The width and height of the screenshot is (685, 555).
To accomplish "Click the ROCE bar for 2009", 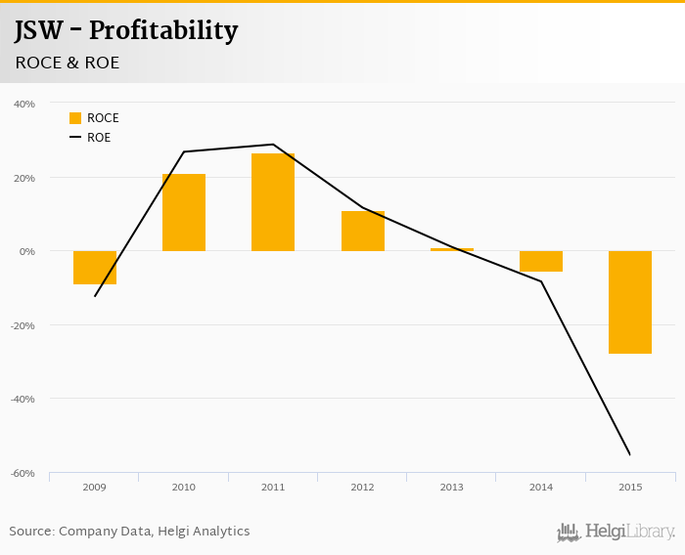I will tap(95, 268).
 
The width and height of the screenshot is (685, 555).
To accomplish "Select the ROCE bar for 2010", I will tap(184, 213).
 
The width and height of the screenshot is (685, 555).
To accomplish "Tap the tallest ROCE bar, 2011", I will tap(273, 202).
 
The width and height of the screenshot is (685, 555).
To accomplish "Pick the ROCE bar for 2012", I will tap(363, 231).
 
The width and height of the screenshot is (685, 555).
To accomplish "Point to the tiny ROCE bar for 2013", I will tap(452, 249).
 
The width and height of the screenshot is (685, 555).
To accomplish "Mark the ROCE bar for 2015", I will tap(630, 302).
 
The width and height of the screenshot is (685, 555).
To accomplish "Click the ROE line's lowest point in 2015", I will tap(629, 454).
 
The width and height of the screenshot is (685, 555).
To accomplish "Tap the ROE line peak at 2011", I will tap(273, 145).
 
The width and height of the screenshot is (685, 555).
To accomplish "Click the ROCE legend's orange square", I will tap(75, 118).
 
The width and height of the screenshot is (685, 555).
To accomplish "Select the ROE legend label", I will tap(99, 138).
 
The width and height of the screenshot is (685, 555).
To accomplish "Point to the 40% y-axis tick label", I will tap(24, 104).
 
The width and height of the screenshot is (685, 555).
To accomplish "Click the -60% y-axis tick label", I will tap(23, 473).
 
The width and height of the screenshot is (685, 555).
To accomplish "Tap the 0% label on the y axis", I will tap(27, 251).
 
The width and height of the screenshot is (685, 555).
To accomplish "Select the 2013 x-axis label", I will tap(452, 486).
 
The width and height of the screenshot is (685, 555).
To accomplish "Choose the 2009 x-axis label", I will tap(95, 486).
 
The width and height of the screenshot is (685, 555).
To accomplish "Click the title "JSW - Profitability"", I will tap(126, 31).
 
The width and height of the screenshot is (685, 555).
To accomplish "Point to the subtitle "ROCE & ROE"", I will tap(67, 63).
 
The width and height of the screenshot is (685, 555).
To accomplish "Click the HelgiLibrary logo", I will tap(616, 532).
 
